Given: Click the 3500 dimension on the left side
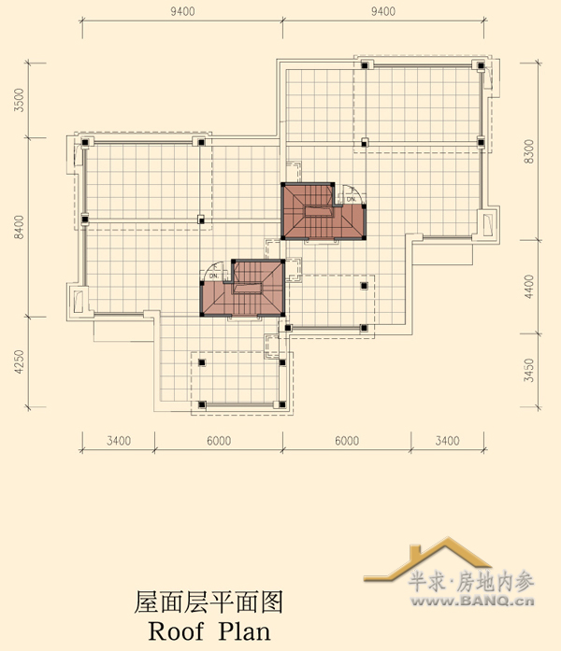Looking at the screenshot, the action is pyautogui.click(x=19, y=100).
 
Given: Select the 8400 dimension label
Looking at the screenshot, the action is pyautogui.click(x=19, y=227).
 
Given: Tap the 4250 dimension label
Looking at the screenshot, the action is pyautogui.click(x=19, y=361).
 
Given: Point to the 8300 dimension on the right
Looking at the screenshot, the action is pyautogui.click(x=528, y=151).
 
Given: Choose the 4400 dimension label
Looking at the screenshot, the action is pyautogui.click(x=528, y=287).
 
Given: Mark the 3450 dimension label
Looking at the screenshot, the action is pyautogui.click(x=528, y=371).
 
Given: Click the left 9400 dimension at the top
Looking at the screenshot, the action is pyautogui.click(x=182, y=11).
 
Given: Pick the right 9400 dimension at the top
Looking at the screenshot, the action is pyautogui.click(x=383, y=11).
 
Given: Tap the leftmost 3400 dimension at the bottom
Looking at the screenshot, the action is pyautogui.click(x=119, y=441).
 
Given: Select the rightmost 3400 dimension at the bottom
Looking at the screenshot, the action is pyautogui.click(x=447, y=441).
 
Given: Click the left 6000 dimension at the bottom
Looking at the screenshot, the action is pyautogui.click(x=219, y=441).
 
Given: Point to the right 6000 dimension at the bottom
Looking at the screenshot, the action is pyautogui.click(x=347, y=441).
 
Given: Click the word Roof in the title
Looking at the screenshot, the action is pyautogui.click(x=176, y=631).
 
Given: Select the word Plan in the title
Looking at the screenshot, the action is pyautogui.click(x=244, y=631).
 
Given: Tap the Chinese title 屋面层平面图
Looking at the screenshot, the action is pyautogui.click(x=209, y=602).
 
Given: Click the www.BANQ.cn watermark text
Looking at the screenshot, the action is pyautogui.click(x=472, y=601).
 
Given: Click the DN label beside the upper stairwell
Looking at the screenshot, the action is pyautogui.click(x=352, y=199).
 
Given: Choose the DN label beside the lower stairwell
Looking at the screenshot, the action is pyautogui.click(x=213, y=276).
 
